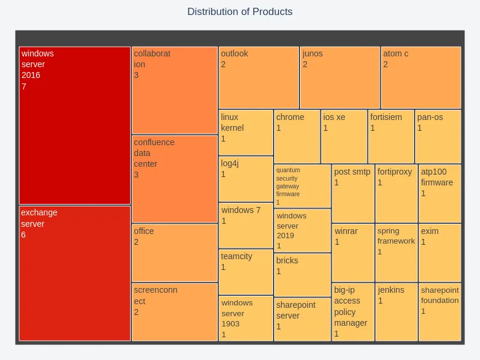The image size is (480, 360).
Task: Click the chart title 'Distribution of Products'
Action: pyautogui.click(x=240, y=12)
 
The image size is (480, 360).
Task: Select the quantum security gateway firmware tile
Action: pyautogui.click(x=302, y=186)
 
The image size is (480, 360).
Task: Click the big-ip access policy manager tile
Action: pyautogui.click(x=353, y=312)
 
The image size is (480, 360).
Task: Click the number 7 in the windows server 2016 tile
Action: pyautogui.click(x=24, y=86)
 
